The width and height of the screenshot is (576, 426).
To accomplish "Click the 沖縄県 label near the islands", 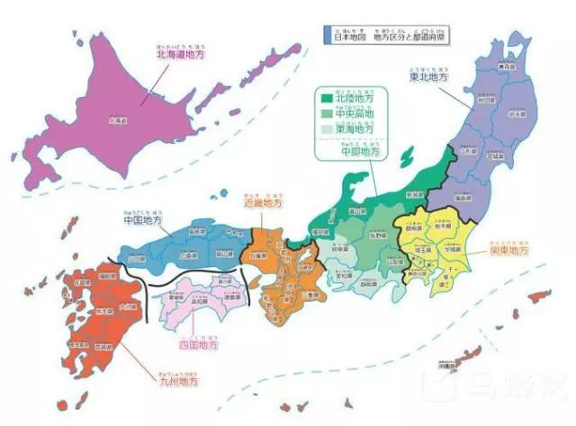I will click(x=437, y=368).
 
